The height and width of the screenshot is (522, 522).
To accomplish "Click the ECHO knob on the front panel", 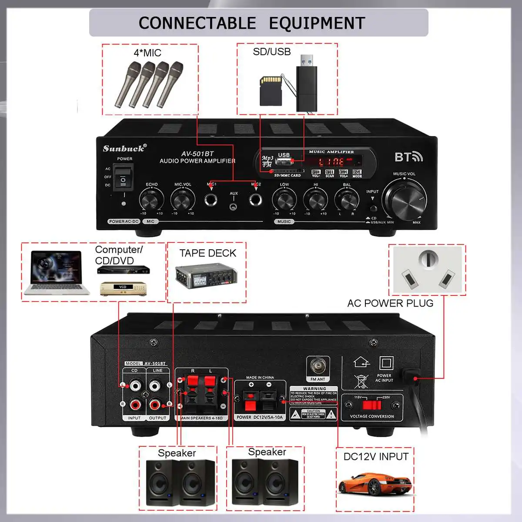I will tap(151, 200).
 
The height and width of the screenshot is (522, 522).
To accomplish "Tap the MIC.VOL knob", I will tap(182, 200).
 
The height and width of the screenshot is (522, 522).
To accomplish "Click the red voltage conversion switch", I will tap(371, 405).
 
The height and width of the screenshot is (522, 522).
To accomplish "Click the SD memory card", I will tap(271, 91).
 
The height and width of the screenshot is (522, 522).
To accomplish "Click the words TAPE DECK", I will tap(207, 253).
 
